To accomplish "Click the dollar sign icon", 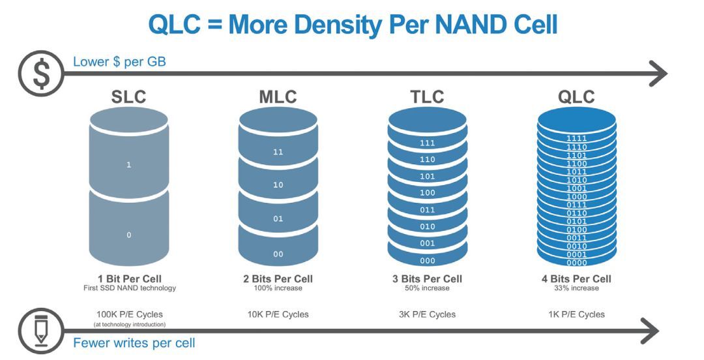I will point(40,73).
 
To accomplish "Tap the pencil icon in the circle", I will point(40,331).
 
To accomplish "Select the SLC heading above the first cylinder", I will point(128,97).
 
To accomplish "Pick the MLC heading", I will point(278,97).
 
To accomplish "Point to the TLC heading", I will point(428,97).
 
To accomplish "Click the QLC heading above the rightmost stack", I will point(576,97).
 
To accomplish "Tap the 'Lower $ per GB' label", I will point(119,62).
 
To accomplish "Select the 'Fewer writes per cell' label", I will point(134,342).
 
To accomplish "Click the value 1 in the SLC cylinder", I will point(128,165).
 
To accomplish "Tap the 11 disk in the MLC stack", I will point(278,151).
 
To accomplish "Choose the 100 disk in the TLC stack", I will point(428,193).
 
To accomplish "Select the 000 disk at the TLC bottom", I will point(428,260).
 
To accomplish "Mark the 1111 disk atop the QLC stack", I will point(576,138).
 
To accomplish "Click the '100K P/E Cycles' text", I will point(128,314).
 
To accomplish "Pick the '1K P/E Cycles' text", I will point(576,314).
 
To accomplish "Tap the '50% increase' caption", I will point(428,288).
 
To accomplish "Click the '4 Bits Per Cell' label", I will point(576,279).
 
